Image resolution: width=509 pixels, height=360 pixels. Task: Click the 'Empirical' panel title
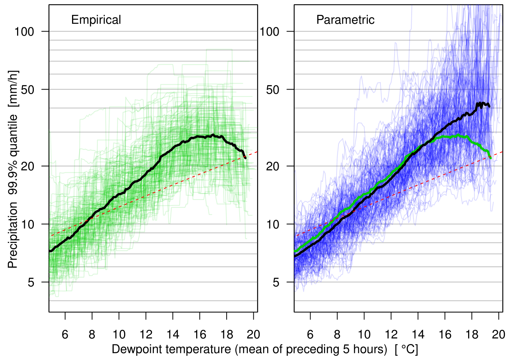pos(96,20)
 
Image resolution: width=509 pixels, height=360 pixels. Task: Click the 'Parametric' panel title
pos(345,20)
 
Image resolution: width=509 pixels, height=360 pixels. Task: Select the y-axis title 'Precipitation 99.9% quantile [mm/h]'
pos(13,169)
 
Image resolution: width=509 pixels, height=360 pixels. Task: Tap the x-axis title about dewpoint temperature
pos(265,349)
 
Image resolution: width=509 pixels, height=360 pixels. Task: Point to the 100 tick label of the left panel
pos(24,32)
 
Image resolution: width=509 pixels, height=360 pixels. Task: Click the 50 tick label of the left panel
pos(27,90)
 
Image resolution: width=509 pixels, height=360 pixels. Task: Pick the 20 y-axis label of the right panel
pos(272,166)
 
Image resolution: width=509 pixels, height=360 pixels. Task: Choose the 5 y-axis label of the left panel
pos(31,282)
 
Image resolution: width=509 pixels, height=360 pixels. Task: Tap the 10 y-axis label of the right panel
pos(272,224)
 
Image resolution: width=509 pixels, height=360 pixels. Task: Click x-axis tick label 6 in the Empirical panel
pos(65,335)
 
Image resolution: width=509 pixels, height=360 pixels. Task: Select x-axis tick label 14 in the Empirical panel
pos(173,335)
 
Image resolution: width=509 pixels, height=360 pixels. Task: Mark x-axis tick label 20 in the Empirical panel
pos(253,335)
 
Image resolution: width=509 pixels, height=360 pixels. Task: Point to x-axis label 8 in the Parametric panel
pos(337,335)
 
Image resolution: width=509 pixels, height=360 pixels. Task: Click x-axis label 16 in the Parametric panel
pos(445,335)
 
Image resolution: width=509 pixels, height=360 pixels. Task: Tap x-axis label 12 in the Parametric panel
pos(391,335)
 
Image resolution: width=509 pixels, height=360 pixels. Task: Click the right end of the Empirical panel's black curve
pos(245,158)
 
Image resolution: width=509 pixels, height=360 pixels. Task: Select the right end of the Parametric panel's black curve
pos(489,106)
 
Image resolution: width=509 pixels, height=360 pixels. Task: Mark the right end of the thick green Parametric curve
pos(490,158)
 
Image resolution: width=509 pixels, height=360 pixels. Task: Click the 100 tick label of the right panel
pos(269,32)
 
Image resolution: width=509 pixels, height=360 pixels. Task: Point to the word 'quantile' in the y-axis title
pos(13,136)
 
